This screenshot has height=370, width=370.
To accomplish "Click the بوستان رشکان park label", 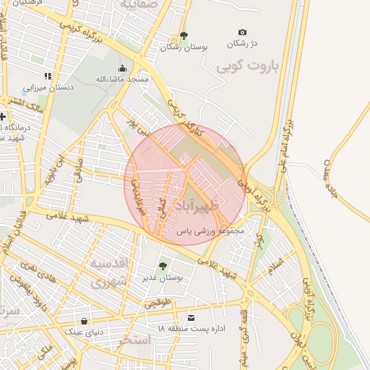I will tap(184, 46).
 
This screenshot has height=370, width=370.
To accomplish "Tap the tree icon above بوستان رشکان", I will tap(184, 35).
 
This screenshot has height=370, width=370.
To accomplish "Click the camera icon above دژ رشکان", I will tap(242, 33).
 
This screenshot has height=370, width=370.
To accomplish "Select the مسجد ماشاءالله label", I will tap(122, 78).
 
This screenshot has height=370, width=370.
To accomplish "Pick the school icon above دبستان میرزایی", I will tap(48, 76).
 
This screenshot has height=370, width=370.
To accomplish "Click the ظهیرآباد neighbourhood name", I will tap(215, 200).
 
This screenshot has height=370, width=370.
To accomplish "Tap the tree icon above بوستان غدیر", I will tap(163, 266).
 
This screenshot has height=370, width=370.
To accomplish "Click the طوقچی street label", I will tap(159, 303).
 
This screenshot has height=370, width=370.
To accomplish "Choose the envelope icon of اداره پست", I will tap(191, 318).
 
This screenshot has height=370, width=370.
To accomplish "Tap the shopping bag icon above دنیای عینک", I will tap(85, 321).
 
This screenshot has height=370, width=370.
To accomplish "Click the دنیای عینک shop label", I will tap(85, 332).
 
